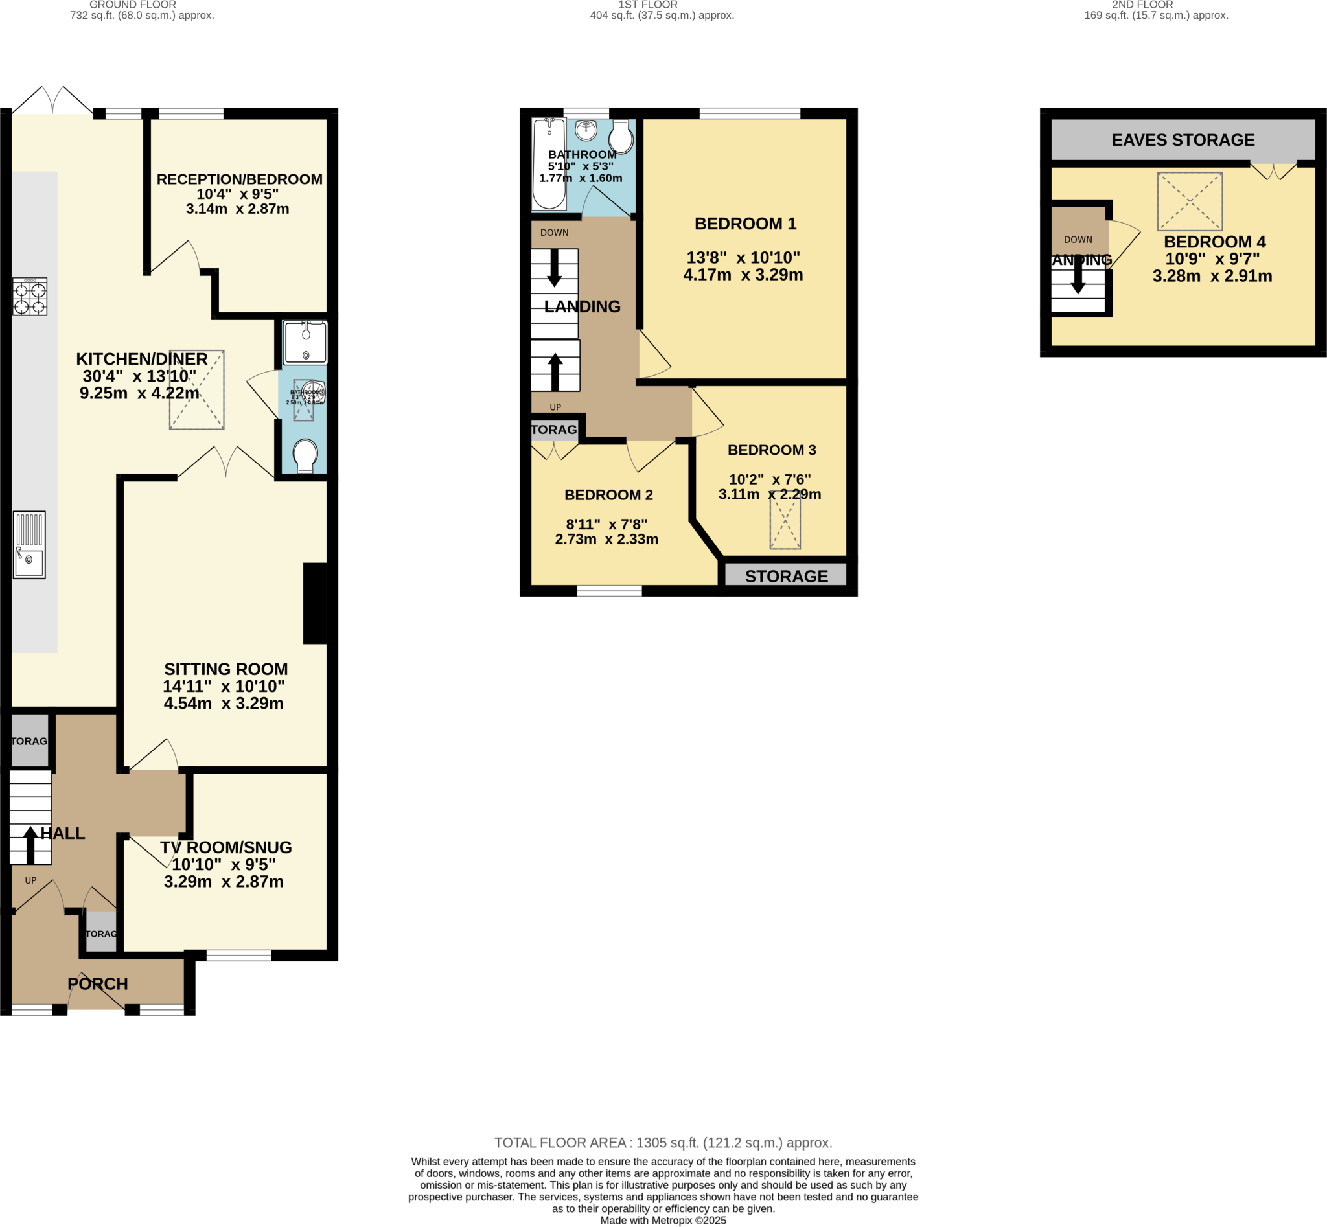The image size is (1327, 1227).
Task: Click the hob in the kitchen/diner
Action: point(30,296)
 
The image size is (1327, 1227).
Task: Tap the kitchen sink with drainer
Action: point(29,544)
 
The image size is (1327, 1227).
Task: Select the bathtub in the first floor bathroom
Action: point(549,164)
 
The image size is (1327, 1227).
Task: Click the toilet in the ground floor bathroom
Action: point(305,456)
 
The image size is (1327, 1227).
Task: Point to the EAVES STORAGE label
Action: point(1183,140)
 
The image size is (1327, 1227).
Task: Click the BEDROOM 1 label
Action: point(745,224)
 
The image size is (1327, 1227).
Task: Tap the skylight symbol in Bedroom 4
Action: point(1190,201)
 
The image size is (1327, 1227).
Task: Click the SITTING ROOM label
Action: point(226,669)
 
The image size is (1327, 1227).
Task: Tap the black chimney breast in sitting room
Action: point(315,603)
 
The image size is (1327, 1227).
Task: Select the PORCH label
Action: point(98,984)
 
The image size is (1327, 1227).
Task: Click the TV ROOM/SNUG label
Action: point(226,847)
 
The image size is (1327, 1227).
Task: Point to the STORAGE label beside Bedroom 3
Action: point(787,577)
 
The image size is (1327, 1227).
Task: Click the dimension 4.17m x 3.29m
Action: point(743,275)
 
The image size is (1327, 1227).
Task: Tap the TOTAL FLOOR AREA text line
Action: point(663,1143)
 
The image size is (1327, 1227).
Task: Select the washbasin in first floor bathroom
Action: point(586,131)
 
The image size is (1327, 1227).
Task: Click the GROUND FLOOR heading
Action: point(133,5)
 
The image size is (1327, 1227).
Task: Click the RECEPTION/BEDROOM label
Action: point(239,179)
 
